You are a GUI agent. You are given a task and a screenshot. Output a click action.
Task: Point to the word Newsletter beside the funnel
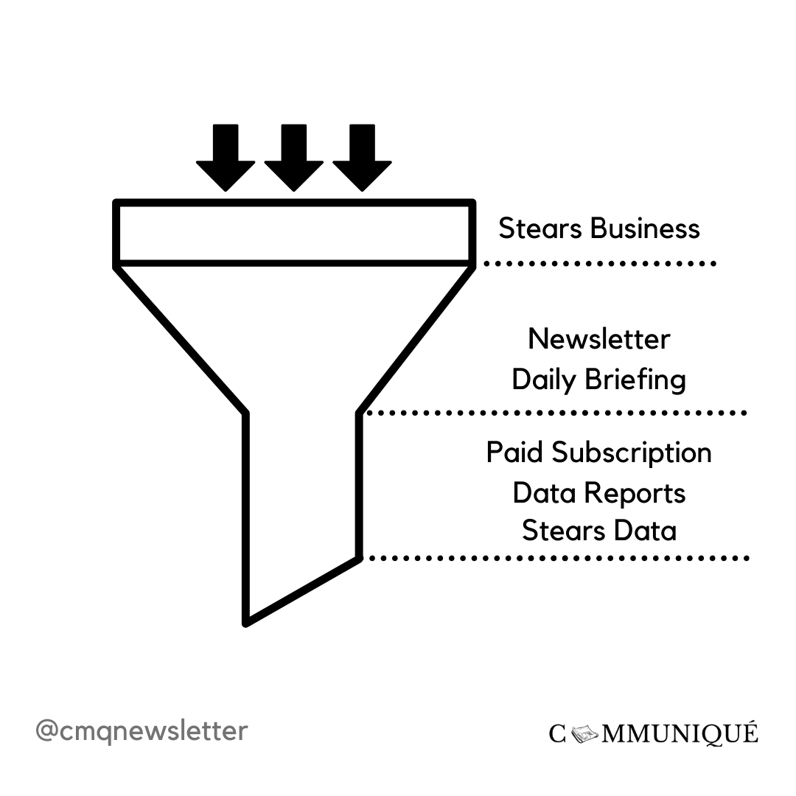tap(599, 339)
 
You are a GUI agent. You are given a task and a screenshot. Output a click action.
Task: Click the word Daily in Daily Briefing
tap(545, 380)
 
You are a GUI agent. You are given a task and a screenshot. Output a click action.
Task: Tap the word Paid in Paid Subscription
tap(515, 452)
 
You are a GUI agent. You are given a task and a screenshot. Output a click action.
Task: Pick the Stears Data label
tap(599, 531)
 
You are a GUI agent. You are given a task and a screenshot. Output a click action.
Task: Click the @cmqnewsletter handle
tap(142, 731)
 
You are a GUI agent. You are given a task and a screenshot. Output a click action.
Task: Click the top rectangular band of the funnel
tap(293, 231)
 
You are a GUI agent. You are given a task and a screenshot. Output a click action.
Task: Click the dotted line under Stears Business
tap(599, 263)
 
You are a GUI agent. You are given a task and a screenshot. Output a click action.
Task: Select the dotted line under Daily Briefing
tap(557, 413)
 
